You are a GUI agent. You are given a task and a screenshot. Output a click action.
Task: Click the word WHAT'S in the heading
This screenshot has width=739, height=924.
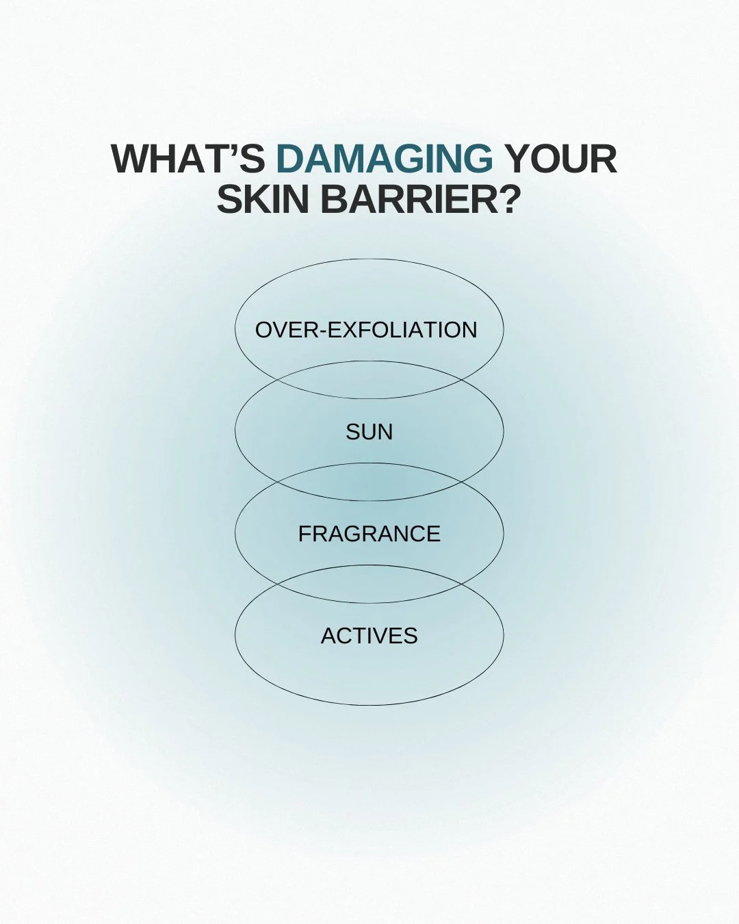click(x=187, y=159)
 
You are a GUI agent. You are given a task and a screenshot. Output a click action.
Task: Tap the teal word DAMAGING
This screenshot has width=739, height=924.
click(x=384, y=159)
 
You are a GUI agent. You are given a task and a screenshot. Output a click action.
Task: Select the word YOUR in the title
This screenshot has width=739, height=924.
click(x=561, y=159)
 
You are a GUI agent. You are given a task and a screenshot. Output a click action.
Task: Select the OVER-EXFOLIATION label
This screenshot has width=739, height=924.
click(x=366, y=330)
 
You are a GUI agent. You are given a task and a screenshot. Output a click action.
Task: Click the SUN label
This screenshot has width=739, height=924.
click(x=369, y=432)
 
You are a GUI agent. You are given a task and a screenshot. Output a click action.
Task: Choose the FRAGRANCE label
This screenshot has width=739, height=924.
click(x=369, y=534)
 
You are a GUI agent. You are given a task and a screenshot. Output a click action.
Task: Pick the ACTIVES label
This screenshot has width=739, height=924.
click(x=369, y=636)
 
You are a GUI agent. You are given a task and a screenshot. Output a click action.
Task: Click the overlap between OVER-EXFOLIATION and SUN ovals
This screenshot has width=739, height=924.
click(x=369, y=380)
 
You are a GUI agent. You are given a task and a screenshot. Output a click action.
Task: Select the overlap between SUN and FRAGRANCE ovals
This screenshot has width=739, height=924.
click(x=369, y=482)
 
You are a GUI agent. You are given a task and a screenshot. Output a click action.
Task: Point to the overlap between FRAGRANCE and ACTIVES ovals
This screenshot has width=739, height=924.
click(x=369, y=584)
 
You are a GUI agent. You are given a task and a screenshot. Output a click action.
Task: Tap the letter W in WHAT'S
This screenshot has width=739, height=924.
click(x=130, y=159)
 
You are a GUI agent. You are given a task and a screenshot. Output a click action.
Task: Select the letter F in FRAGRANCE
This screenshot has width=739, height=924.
click(x=304, y=534)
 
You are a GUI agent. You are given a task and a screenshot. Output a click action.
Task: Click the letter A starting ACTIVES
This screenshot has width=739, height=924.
click(x=328, y=636)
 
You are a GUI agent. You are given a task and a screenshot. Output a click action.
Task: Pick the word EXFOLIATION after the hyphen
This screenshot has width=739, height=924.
click(x=402, y=330)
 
